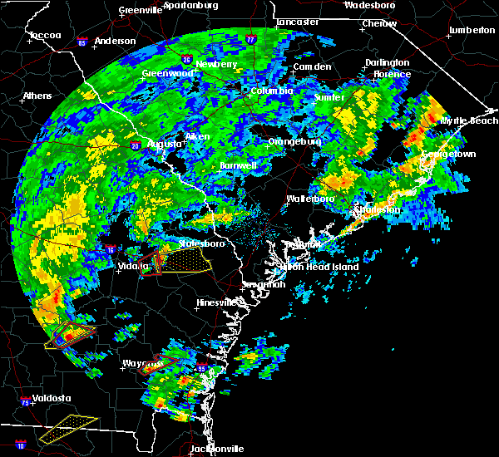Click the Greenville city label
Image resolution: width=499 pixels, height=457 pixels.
click(140, 11)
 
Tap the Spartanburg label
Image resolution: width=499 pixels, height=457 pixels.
click(190, 5)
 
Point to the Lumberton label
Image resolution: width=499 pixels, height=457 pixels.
click(472, 30)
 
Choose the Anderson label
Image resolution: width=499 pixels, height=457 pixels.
click(115, 41)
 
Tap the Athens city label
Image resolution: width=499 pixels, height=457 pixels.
click(37, 96)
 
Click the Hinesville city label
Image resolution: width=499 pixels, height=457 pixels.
click(217, 303)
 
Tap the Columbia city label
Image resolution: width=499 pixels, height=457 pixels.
click(271, 91)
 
